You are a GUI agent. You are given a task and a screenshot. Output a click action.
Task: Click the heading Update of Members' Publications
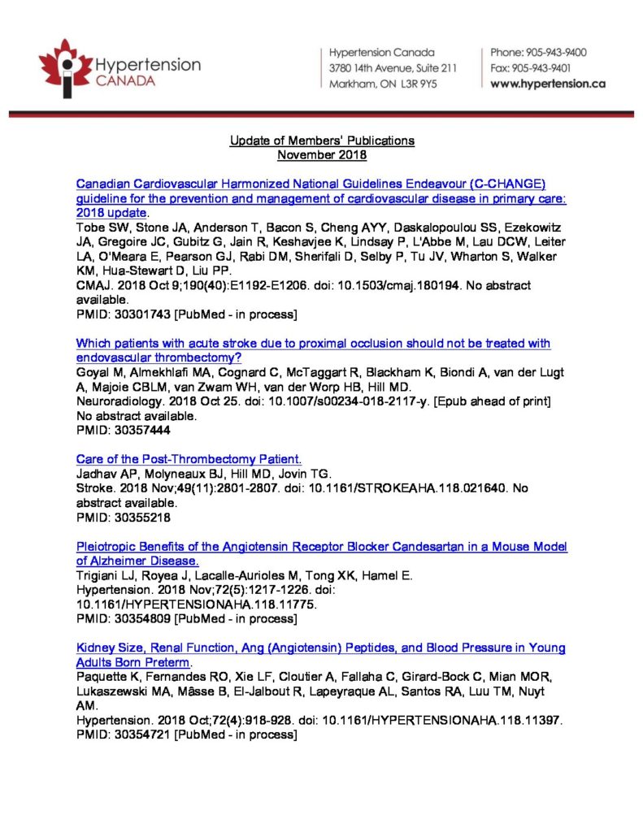[x=322, y=141]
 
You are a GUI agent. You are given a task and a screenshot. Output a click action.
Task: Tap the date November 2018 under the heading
[x=322, y=154]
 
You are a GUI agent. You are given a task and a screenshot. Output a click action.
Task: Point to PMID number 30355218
[x=137, y=516]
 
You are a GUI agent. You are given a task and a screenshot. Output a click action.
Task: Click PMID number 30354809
[x=137, y=618]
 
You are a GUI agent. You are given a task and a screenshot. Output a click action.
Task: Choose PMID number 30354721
[x=137, y=734]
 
